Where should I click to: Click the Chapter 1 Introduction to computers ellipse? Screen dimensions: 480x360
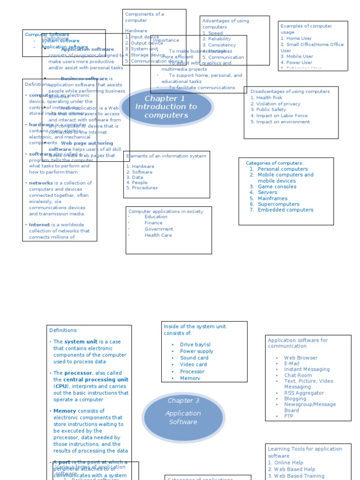point(166,107)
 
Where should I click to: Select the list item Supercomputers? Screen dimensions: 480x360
point(278,204)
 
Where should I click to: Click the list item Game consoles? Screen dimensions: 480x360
point(277,187)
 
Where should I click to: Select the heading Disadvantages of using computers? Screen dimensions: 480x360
point(290,91)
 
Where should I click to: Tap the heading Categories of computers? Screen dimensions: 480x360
point(274,163)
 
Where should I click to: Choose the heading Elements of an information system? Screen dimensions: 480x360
point(166,156)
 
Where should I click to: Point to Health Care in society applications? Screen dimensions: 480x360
point(158,235)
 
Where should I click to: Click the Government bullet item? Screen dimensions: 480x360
point(158,229)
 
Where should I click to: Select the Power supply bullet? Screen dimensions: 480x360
point(196,351)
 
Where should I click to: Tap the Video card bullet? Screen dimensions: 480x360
point(193,365)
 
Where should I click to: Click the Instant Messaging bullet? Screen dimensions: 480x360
point(307,369)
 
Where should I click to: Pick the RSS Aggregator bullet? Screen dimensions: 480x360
point(304,393)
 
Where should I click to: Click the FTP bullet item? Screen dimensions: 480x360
point(288,416)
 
